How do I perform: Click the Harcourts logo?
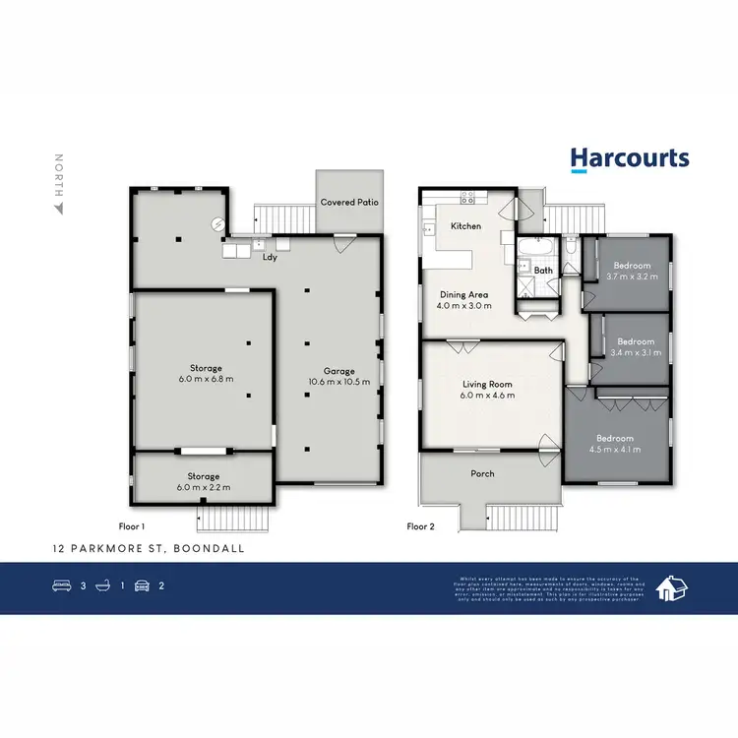[x=630, y=159]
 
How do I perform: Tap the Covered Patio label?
[x=349, y=203]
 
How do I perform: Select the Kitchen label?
[x=465, y=227]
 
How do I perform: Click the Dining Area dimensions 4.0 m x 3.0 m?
[x=461, y=306]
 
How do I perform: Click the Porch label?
[x=482, y=473]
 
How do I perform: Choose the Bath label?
[x=543, y=270]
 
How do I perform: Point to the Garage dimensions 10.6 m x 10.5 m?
[x=338, y=381]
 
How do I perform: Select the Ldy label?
[x=268, y=258]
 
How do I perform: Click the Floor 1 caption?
[x=131, y=526]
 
